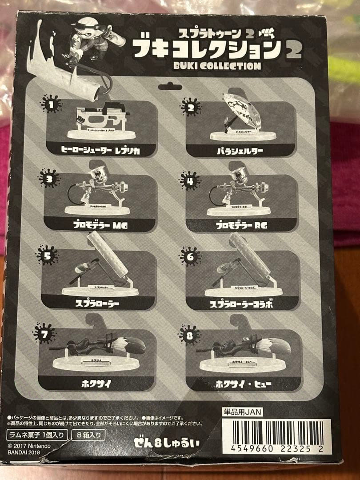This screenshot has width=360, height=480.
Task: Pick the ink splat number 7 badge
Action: coord(44,333)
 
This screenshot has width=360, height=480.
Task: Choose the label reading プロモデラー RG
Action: coord(241,225)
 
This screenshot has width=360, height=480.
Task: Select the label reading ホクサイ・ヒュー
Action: coord(243,384)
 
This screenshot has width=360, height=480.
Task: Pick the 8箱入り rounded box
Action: coord(88,434)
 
